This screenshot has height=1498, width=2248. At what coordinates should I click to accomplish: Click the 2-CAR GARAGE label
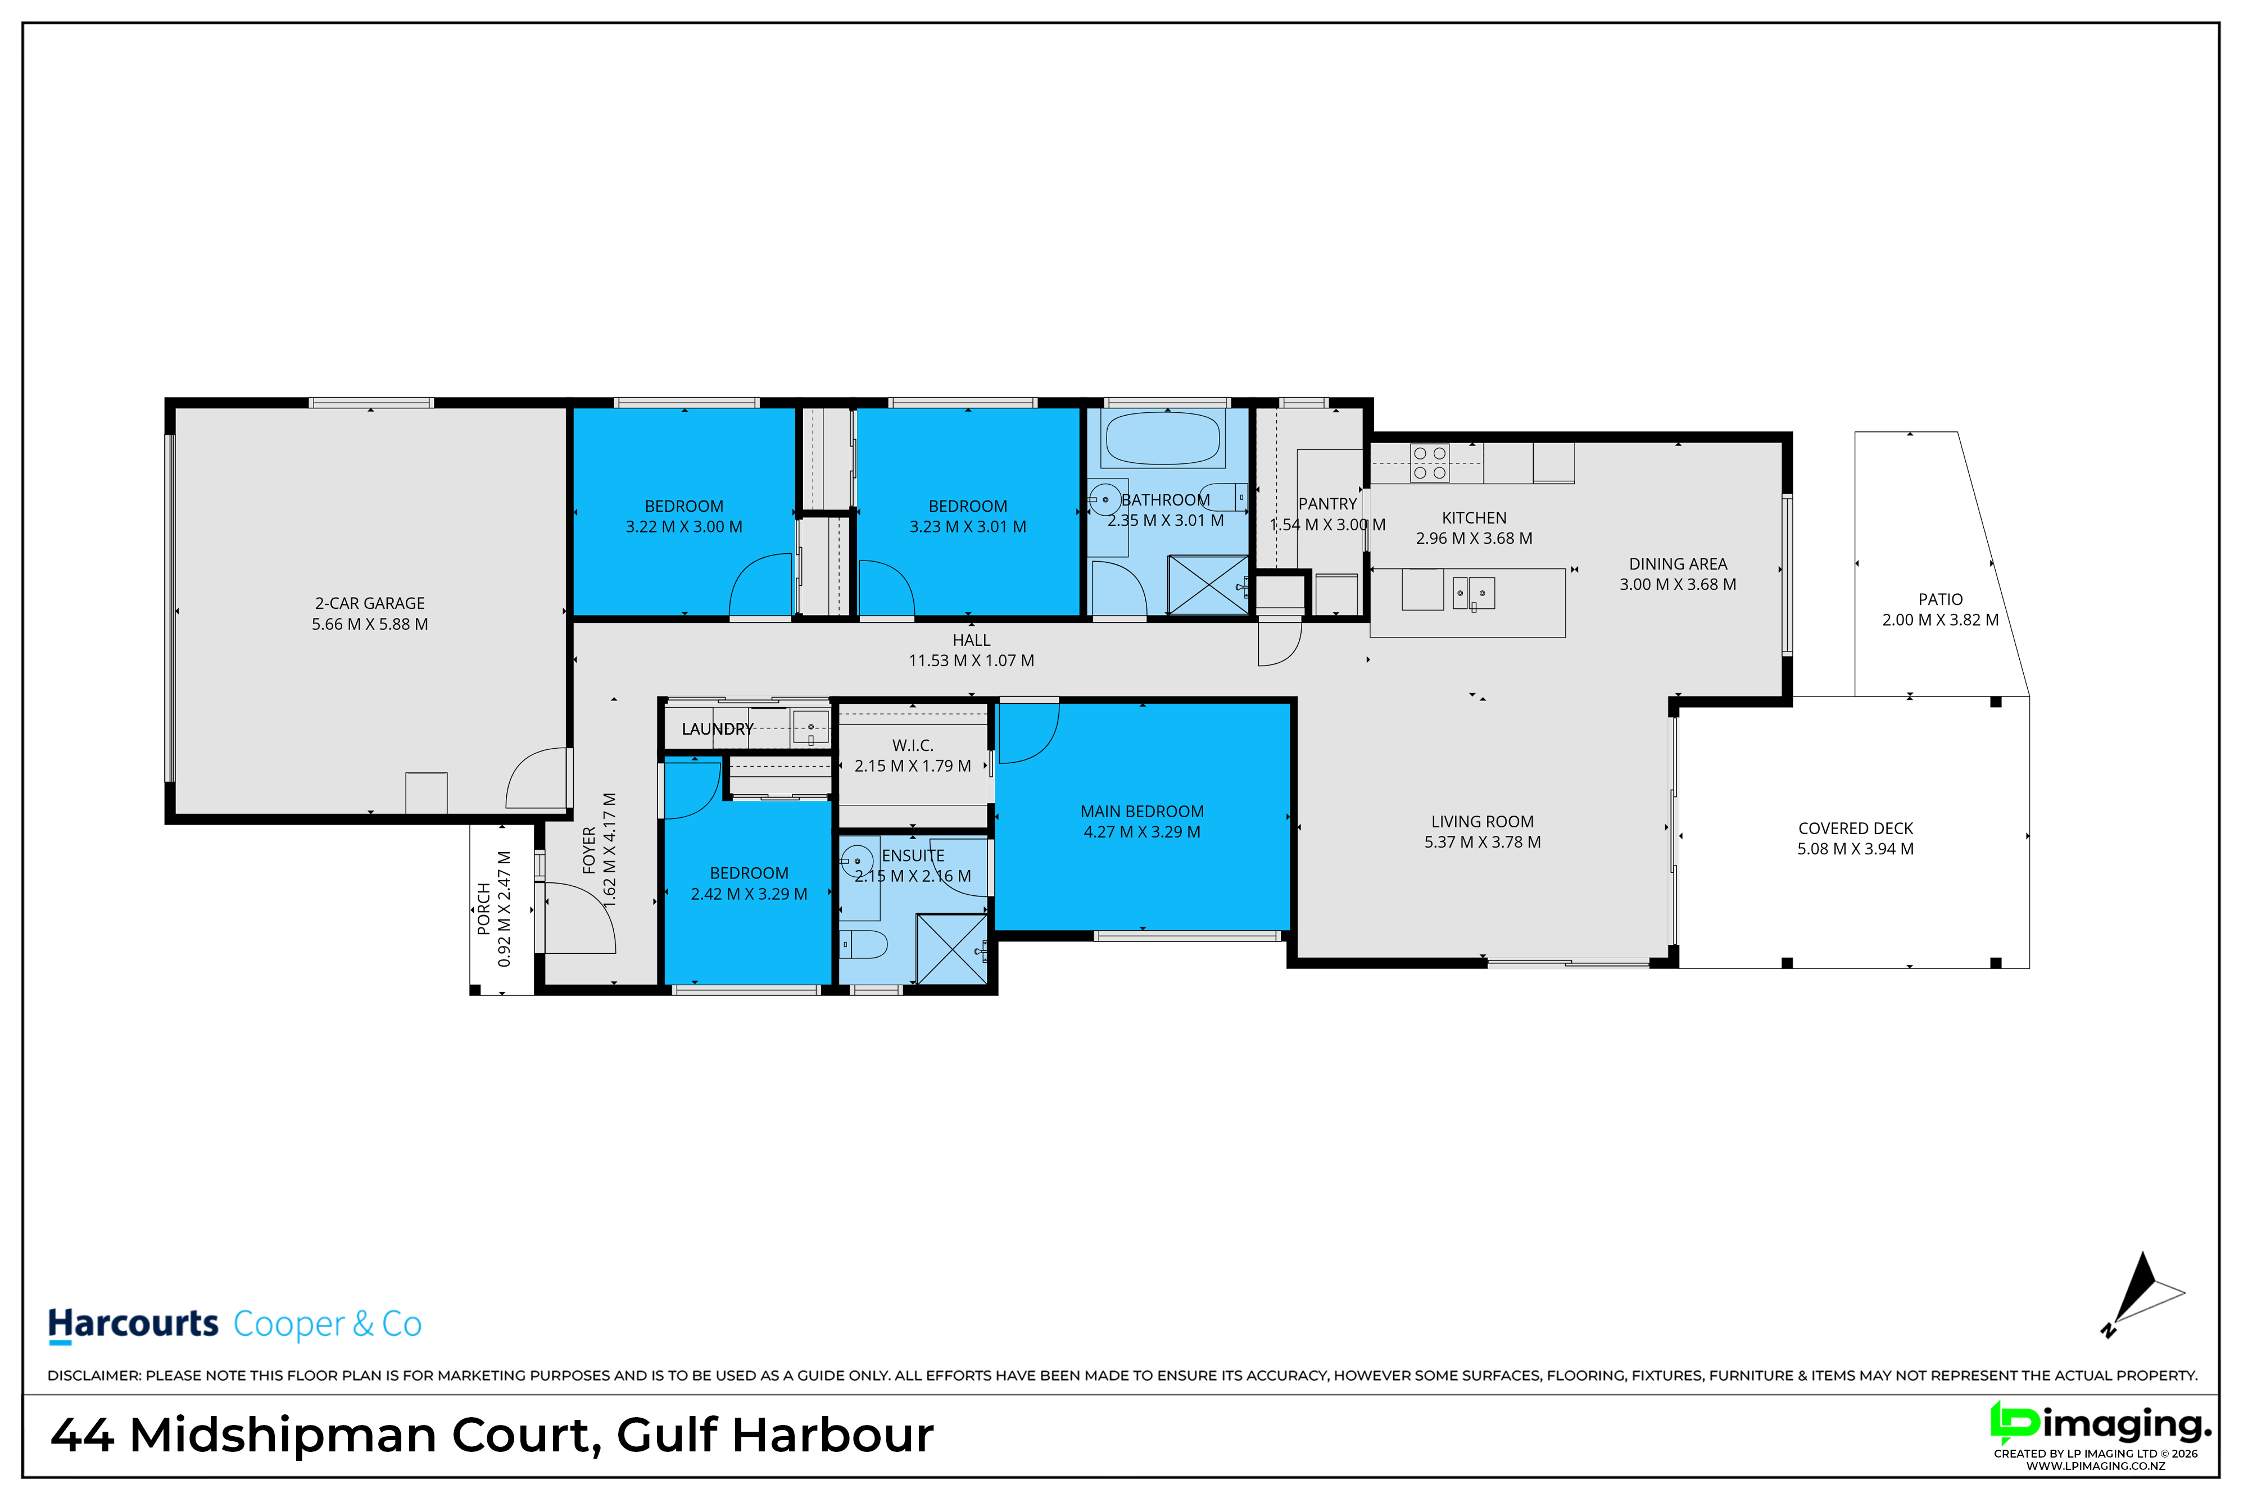coord(370,603)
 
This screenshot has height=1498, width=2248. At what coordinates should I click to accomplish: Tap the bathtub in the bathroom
coord(1163,439)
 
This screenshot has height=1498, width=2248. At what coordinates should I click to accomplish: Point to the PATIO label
coord(1940,599)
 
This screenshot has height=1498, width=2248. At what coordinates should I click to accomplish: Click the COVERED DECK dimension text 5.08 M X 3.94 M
coord(1855,848)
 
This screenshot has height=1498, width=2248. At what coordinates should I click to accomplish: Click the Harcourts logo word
coord(134,1324)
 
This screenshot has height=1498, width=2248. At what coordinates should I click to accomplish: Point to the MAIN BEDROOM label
coord(1142,811)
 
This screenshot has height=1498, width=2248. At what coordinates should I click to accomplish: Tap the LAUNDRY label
coord(718,729)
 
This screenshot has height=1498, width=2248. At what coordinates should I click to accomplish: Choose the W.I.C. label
coord(913,745)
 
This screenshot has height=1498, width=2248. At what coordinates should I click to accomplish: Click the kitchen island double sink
coord(1474,593)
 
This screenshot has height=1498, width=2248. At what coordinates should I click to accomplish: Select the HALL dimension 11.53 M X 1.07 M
coord(971,660)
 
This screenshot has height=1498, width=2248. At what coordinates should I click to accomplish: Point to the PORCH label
coord(484,909)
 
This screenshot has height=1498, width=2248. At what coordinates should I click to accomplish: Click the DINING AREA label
coord(1678,564)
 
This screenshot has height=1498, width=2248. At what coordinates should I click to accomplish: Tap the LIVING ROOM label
coord(1483,822)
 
